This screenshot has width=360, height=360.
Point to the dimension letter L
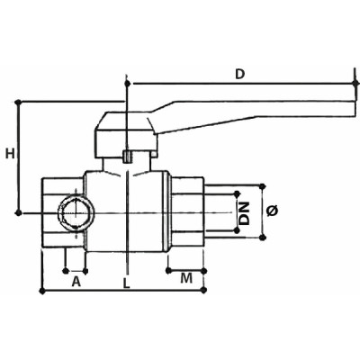point(126,283)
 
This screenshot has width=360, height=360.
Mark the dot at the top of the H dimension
point(19,102)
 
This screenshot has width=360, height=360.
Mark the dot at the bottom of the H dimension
point(19,212)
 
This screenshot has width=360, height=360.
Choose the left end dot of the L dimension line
point(43,291)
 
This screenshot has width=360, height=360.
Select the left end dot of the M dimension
point(168,267)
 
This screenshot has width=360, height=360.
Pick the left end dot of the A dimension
point(66,267)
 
